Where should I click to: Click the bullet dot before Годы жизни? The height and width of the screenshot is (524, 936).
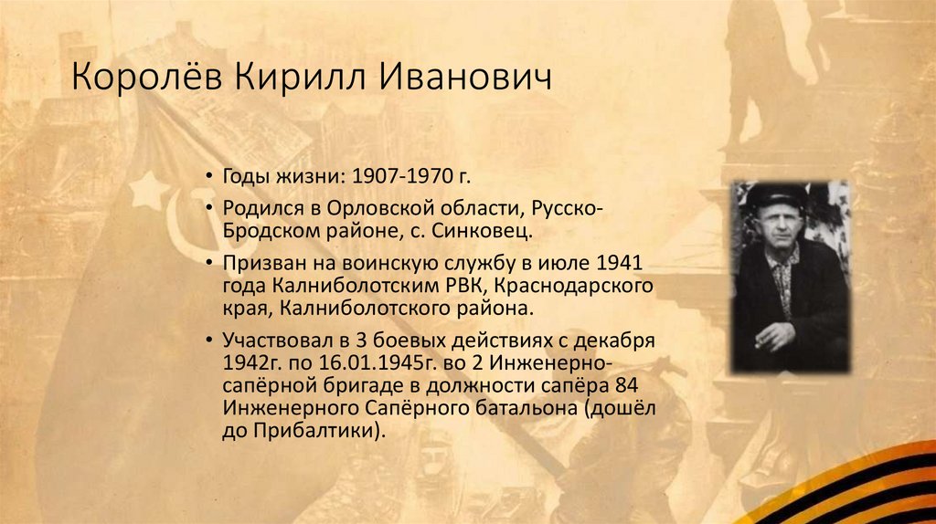pos(210,176)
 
